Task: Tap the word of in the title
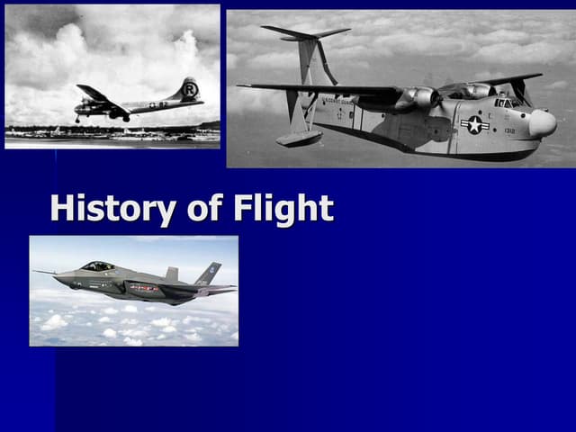click(203, 209)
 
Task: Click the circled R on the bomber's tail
click(189, 90)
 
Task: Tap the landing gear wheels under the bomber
click(126, 118)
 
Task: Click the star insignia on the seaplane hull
click(473, 125)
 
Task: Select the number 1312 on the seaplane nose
click(509, 130)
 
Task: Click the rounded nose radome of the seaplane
click(544, 124)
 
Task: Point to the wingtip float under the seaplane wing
click(299, 137)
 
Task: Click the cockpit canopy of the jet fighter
click(97, 266)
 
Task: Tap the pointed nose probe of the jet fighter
click(38, 272)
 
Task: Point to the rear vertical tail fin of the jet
click(209, 273)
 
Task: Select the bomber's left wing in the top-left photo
click(93, 94)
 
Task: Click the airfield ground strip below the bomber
click(112, 135)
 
